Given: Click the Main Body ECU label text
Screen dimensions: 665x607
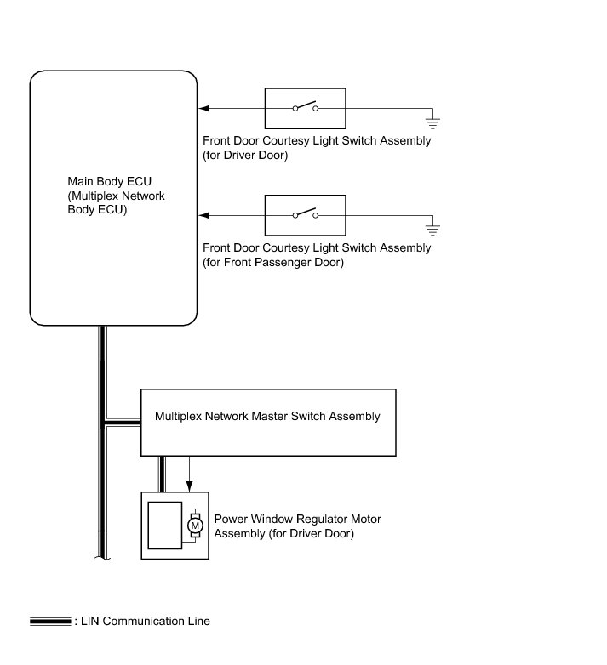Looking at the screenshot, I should click(116, 196).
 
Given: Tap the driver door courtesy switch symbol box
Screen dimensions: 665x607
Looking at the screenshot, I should click(305, 108).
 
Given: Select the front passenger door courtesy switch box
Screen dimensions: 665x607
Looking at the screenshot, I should click(305, 216).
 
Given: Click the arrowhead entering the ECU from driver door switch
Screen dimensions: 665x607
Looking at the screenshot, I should click(204, 108).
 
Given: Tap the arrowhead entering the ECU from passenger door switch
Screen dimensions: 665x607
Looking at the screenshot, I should click(204, 216).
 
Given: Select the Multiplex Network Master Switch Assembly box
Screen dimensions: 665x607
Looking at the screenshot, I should click(267, 423).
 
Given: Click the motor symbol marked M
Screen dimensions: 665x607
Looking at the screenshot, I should click(195, 526).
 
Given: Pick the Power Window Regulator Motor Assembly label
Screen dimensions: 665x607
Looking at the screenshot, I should click(297, 526).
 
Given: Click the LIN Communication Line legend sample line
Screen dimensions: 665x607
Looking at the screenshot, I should click(50, 622).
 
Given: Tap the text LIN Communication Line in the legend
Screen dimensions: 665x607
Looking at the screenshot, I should click(145, 622).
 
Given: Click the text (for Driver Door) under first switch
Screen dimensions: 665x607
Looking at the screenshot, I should click(245, 156).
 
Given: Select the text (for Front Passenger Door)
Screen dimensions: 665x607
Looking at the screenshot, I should click(272, 263).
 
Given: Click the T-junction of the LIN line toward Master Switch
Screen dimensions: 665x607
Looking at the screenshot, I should click(103, 421).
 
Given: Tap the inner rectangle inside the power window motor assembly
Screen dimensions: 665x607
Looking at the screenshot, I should click(164, 525).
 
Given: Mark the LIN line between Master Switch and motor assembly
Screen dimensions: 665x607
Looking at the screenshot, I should click(162, 474).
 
